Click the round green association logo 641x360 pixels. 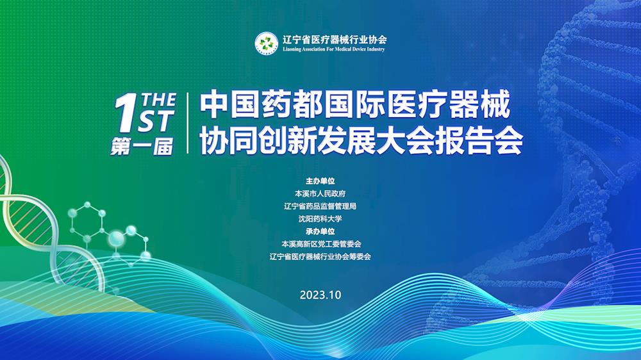(x=267, y=43)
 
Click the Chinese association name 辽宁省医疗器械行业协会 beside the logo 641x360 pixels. (x=335, y=39)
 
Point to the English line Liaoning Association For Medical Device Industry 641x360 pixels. (x=333, y=49)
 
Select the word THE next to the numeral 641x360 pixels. (x=158, y=100)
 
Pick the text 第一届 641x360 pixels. (x=142, y=147)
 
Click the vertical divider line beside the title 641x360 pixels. (x=188, y=123)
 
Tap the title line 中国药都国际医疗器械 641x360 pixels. (x=355, y=104)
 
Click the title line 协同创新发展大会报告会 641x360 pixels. (x=362, y=142)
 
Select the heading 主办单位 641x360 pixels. (x=320, y=181)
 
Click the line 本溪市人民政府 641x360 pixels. (x=320, y=193)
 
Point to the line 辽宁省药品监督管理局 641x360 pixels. (x=320, y=206)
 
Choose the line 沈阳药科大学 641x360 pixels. (x=320, y=219)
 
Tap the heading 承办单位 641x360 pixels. (x=320, y=231)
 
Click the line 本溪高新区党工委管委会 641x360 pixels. (x=321, y=244)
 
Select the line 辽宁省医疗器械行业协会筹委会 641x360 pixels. (x=320, y=257)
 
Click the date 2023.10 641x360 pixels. (x=320, y=295)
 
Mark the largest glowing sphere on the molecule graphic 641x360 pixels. (x=117, y=238)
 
